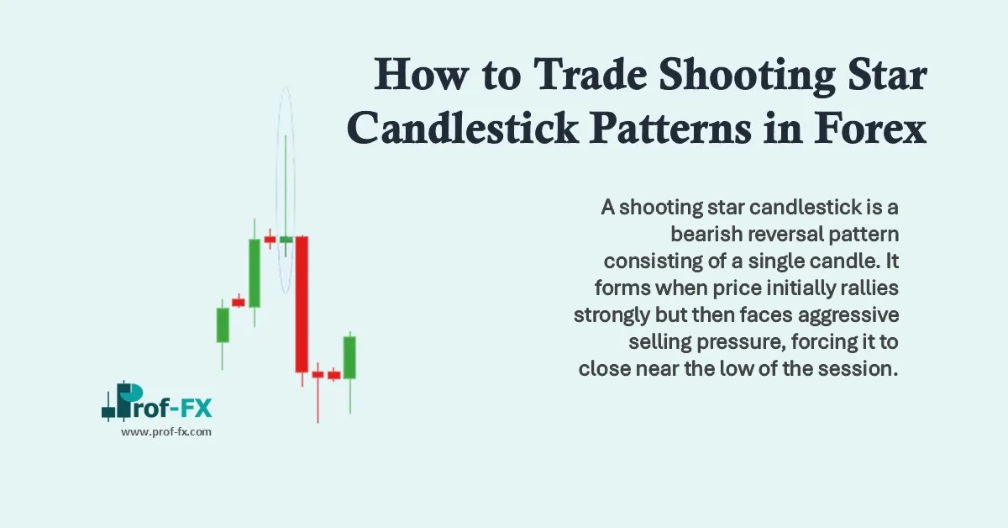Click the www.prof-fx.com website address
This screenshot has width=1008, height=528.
[166, 431]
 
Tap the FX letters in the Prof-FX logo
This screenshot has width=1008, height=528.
[195, 409]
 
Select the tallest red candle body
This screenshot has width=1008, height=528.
[302, 304]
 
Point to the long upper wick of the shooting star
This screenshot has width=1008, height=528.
[286, 185]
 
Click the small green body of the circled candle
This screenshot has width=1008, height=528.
[286, 240]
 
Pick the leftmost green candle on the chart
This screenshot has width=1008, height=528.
[223, 325]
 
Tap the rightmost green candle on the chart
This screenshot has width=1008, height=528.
[349, 357]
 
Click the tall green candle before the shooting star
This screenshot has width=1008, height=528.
[254, 272]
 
